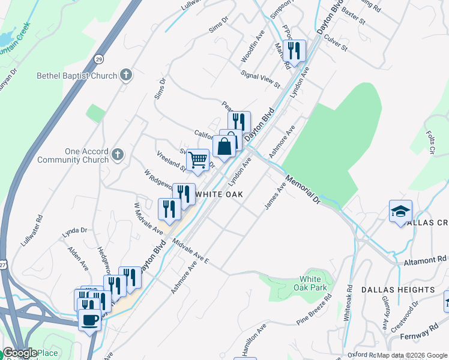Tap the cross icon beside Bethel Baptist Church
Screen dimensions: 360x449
pos(125,75)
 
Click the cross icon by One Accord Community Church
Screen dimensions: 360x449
pos(118,154)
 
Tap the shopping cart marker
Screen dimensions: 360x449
pos(198,160)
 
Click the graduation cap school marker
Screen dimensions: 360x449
pos(400,211)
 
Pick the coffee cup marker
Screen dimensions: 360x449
pos(90,320)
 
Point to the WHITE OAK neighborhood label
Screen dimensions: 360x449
pos(218,194)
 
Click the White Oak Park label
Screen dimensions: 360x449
pos(313,283)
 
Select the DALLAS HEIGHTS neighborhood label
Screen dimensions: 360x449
pos(398,290)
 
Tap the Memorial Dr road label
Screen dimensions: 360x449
pos(304,190)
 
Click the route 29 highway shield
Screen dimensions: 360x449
pos(98,59)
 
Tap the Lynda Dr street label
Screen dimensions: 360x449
pos(75,230)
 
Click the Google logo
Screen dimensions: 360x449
pos(20,353)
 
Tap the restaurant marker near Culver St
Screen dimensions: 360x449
pos(295,51)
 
